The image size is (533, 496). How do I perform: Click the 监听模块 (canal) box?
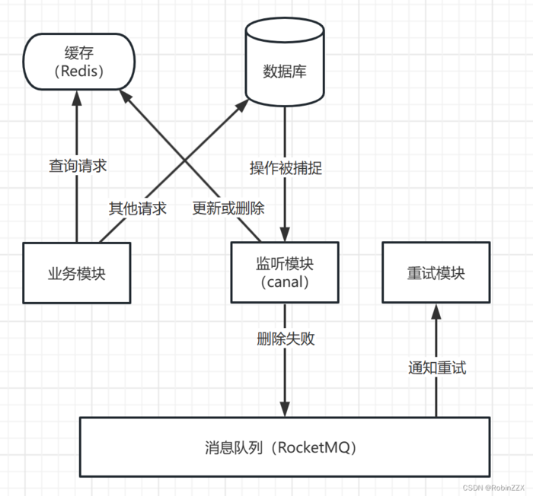tap(285, 272)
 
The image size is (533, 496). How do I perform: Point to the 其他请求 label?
tap(137, 208)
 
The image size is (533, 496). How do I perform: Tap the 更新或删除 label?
tap(228, 208)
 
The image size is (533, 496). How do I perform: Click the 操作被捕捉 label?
tap(286, 168)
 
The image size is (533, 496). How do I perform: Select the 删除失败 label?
tap(286, 339)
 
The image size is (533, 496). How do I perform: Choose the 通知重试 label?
tap(436, 368)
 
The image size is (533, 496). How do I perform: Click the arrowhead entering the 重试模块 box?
tap(436, 310)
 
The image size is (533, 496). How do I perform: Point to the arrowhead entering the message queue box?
tap(286, 409)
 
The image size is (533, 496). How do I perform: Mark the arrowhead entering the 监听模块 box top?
tap(286, 236)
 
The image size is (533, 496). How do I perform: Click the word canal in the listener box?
tap(285, 283)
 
